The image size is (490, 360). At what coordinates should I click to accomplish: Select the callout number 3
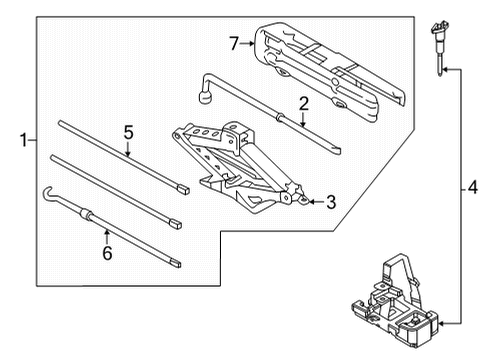pyautogui.click(x=331, y=202)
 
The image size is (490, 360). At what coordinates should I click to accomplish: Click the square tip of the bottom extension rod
pyautogui.click(x=176, y=264)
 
